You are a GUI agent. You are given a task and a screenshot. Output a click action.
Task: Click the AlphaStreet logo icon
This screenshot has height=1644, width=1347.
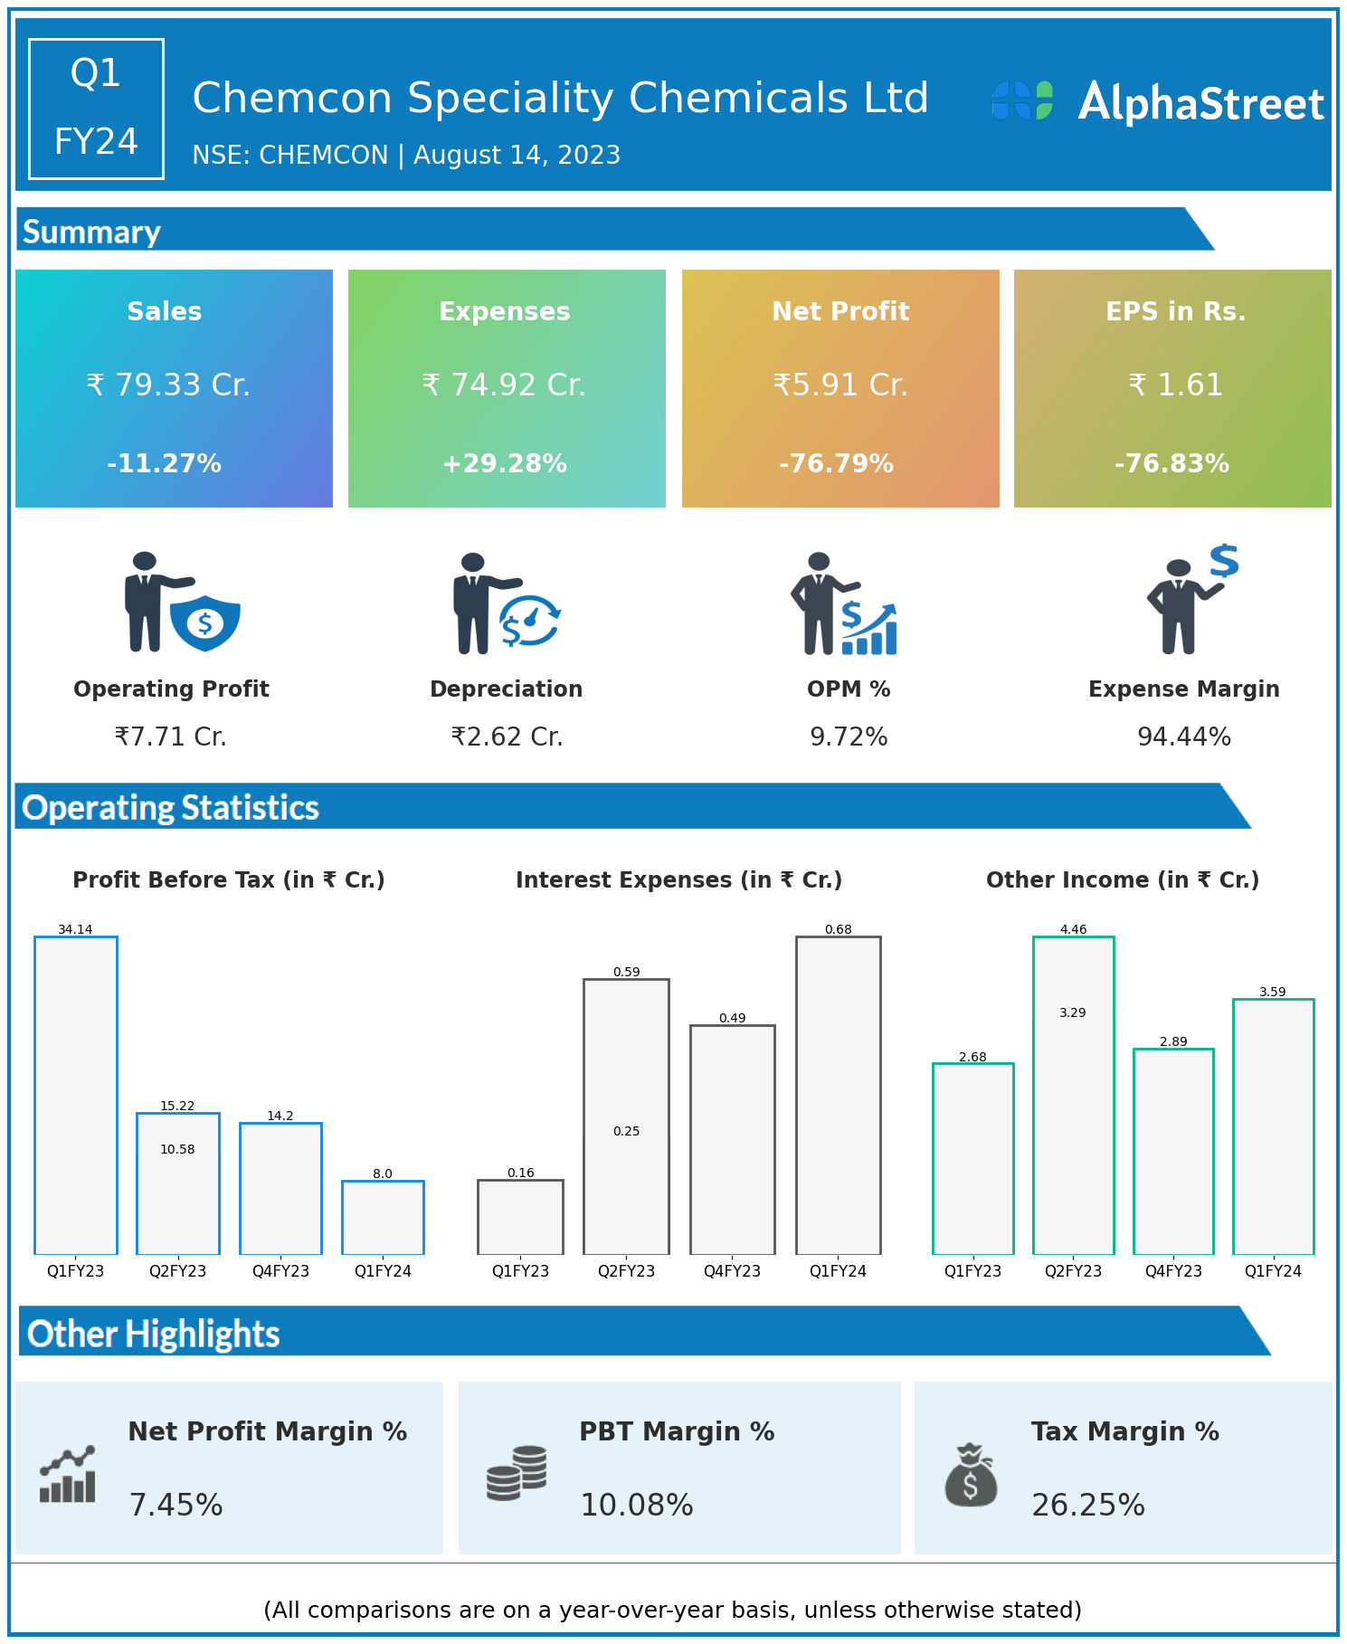[x=1022, y=100]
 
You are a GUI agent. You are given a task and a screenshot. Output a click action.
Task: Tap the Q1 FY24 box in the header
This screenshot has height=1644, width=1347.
[x=96, y=109]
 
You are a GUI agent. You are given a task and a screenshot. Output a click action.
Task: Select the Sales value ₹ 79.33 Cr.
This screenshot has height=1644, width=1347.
[x=168, y=385]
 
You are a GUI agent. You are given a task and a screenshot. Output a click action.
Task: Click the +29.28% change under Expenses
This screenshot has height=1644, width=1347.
[x=505, y=464]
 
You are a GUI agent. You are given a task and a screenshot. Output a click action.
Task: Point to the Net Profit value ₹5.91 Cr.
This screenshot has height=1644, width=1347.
[x=840, y=385]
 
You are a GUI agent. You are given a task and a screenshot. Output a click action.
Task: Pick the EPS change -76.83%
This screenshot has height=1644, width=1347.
[x=1172, y=464]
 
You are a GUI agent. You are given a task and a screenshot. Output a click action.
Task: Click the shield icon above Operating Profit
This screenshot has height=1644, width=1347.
[x=205, y=622]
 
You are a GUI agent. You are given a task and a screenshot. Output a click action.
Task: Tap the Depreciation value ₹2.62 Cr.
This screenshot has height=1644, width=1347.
[x=507, y=737]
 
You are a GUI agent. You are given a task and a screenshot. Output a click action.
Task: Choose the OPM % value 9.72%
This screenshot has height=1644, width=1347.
[x=849, y=737]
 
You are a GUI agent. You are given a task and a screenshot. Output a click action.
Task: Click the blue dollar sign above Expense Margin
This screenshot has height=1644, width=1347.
[x=1224, y=561]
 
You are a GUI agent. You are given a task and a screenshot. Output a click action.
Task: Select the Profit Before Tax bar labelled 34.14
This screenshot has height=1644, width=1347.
[x=76, y=1095]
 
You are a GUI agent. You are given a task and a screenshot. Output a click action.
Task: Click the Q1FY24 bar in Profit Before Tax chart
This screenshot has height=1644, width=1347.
[x=383, y=1217]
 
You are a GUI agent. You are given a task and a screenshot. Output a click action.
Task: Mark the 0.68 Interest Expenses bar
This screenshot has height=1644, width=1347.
[x=839, y=1095]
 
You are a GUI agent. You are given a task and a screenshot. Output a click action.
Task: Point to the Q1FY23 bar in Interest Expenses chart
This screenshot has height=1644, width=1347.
[x=521, y=1217]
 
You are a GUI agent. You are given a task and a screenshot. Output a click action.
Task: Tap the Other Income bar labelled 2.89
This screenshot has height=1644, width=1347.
[x=1173, y=1151]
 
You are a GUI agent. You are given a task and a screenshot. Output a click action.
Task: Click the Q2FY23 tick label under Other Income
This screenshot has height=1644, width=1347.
[x=1073, y=1271]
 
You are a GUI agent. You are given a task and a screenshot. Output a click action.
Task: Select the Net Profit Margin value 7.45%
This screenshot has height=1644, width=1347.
[x=176, y=1505]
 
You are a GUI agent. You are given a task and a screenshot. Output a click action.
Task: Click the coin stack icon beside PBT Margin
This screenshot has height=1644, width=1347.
[x=517, y=1473]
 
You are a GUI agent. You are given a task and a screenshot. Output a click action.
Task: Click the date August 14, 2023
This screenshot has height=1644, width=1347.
[x=517, y=156]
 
